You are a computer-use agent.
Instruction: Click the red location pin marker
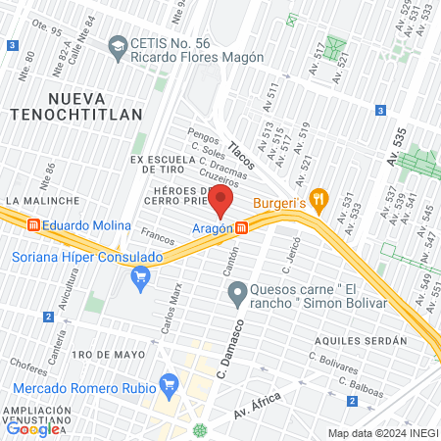(x=221, y=202)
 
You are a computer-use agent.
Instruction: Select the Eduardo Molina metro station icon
(x=34, y=225)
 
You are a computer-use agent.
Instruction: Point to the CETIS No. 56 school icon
(x=118, y=45)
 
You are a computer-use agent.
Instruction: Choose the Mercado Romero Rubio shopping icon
(x=169, y=382)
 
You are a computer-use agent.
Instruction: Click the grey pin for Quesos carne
(x=236, y=292)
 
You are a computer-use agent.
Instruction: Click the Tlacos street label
(x=241, y=154)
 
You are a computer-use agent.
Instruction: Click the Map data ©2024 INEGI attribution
(x=382, y=433)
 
